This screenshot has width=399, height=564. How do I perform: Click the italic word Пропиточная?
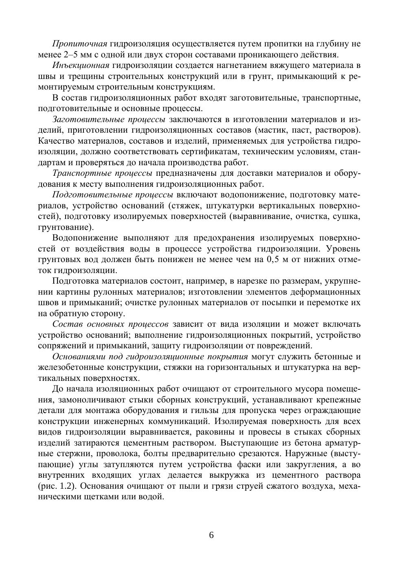pyautogui.click(x=79, y=44)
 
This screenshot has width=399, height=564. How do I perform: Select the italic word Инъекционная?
pyautogui.click(x=81, y=66)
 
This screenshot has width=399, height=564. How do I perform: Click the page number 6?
pyautogui.click(x=211, y=535)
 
